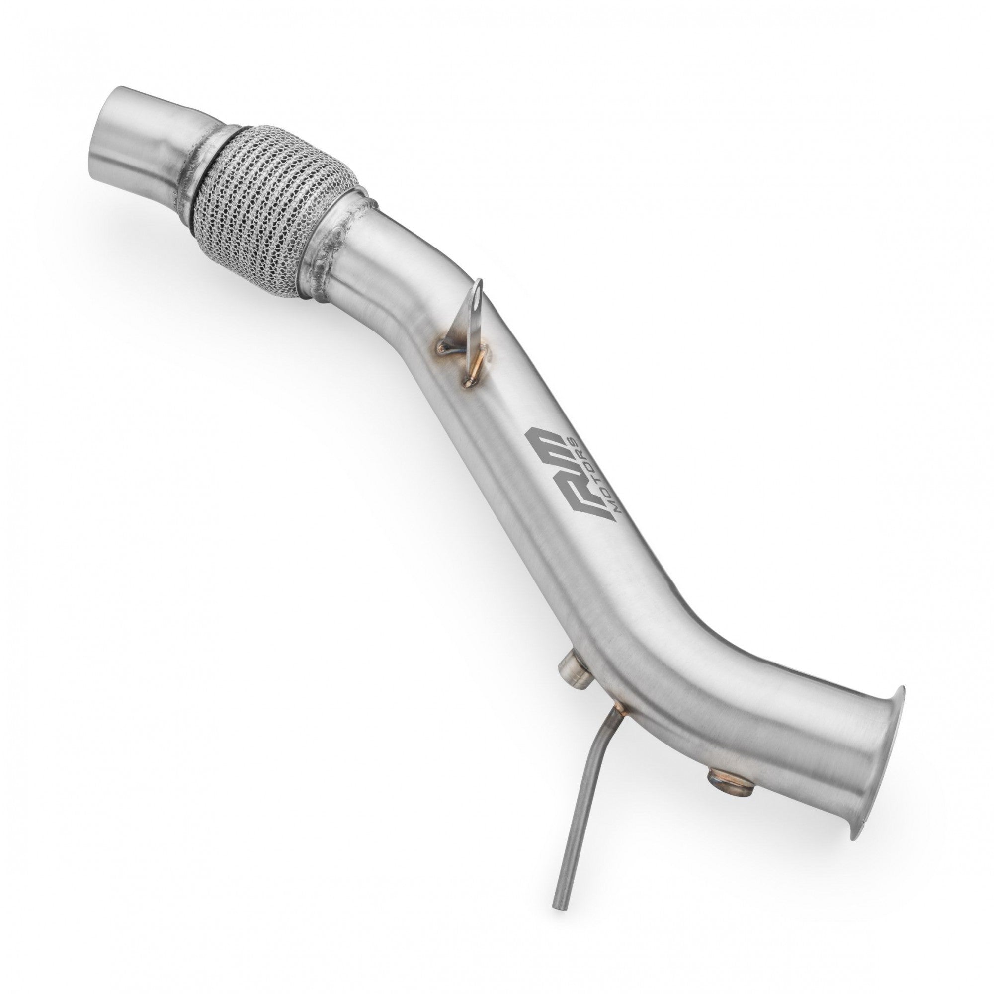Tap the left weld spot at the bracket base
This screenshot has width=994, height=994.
441,349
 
